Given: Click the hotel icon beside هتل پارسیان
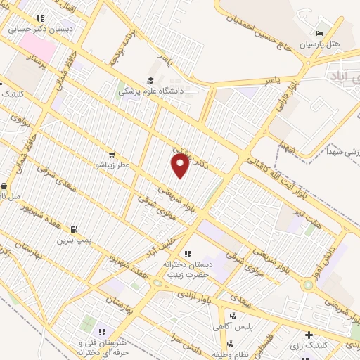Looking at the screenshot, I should pos(319,33).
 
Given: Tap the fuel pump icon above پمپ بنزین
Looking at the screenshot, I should pos(73,229).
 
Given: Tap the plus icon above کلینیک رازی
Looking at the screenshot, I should pos(308,334).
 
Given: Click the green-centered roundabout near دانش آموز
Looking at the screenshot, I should pos(308,285).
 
